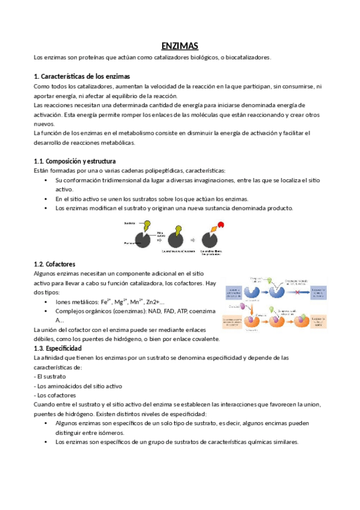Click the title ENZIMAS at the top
180,46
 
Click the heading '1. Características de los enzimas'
81,76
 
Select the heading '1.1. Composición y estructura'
75,161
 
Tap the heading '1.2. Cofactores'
55,263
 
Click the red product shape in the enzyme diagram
221,225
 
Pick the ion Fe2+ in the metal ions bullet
107,301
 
